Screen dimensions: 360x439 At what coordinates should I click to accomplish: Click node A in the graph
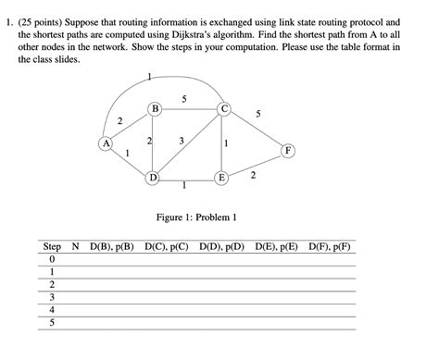(x=107, y=143)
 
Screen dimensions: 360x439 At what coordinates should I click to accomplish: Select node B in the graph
(x=155, y=110)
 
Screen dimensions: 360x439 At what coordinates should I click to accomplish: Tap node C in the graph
(x=223, y=110)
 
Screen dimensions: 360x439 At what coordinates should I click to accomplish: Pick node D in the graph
(x=154, y=176)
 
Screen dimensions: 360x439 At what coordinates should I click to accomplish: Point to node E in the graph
(x=222, y=176)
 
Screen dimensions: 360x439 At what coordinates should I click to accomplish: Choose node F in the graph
(x=289, y=149)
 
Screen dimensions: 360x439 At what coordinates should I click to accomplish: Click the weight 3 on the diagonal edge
(x=182, y=141)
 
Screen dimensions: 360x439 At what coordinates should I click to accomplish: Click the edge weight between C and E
(x=228, y=143)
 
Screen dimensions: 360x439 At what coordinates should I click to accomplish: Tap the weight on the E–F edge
(x=253, y=174)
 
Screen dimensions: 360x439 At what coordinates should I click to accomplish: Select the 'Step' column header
(x=53, y=248)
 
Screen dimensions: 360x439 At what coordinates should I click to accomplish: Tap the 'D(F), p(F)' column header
(x=331, y=248)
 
